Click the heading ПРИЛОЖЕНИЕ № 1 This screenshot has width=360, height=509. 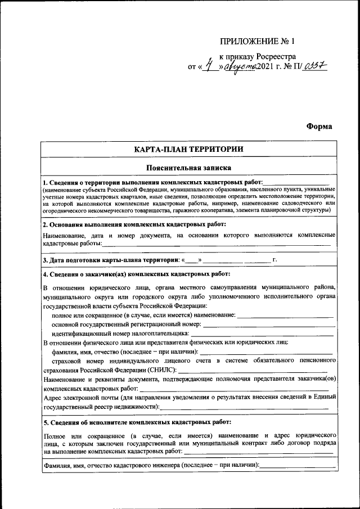pos(258,42)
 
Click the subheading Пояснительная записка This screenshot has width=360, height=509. pos(188,168)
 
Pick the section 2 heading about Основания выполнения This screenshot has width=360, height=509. pos(134,224)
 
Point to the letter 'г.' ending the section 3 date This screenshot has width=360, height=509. pos(274,260)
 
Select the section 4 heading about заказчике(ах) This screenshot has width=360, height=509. pos(136,274)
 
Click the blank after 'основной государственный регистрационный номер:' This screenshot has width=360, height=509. pos(268,325)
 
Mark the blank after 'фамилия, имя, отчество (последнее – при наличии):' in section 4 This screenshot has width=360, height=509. pos(266,352)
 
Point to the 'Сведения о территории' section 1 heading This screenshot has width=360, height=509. pos(152,183)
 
